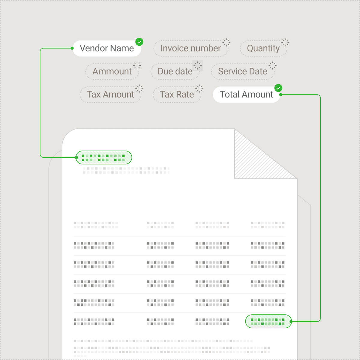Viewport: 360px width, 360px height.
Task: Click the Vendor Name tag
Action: [106, 48]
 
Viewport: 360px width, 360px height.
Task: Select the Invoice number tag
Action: [190, 48]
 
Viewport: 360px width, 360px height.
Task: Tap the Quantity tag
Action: [263, 48]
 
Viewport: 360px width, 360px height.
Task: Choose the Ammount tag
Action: [112, 71]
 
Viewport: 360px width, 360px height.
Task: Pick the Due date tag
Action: [175, 71]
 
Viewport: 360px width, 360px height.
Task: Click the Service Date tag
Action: [242, 71]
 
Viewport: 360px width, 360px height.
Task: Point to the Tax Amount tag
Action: [110, 94]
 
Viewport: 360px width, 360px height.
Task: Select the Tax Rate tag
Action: [177, 94]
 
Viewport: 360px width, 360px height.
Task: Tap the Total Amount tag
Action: [246, 94]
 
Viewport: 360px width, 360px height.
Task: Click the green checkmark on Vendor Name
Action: [139, 42]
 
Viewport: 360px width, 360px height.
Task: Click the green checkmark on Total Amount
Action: [278, 88]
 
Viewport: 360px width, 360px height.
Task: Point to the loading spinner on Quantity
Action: [285, 42]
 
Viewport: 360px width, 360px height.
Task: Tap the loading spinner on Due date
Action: [197, 65]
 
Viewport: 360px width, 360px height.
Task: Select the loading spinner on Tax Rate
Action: [199, 88]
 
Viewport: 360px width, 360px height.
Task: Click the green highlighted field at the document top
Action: [103, 157]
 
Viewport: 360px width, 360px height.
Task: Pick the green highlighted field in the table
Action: [268, 321]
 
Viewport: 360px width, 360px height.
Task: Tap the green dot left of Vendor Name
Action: [72, 48]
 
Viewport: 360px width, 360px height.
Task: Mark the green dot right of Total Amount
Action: [281, 95]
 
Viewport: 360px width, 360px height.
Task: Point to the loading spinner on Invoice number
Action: [226, 42]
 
